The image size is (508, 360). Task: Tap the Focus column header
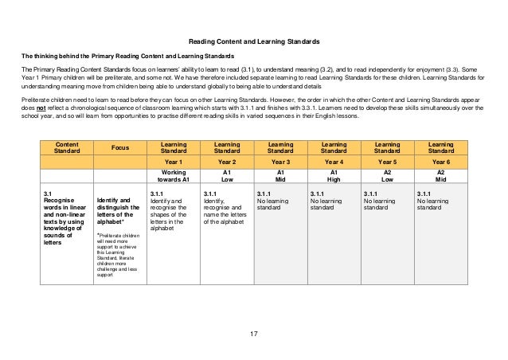[x=120, y=147]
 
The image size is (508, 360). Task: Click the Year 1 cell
[x=173, y=162]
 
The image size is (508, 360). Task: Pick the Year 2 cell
[x=226, y=162]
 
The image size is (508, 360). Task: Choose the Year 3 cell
[x=280, y=162]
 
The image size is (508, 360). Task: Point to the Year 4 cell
[x=334, y=162]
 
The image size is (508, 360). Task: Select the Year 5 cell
[x=387, y=162]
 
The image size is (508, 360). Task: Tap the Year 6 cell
[x=441, y=162]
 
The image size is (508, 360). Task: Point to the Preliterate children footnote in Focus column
[x=119, y=260]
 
